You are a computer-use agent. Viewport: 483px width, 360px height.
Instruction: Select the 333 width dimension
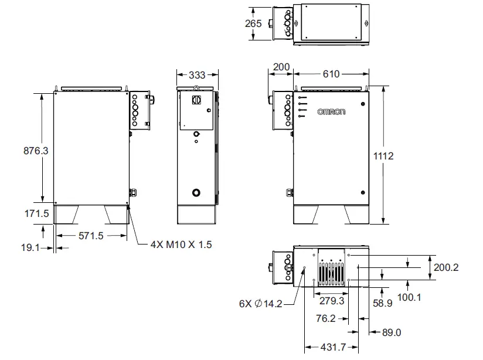point(198,75)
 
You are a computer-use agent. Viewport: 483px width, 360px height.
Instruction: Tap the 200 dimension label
point(281,67)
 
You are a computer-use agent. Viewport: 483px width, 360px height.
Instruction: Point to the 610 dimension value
point(331,74)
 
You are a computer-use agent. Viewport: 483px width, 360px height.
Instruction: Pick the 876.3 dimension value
point(36,150)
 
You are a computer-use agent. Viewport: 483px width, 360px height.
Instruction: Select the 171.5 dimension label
point(36,214)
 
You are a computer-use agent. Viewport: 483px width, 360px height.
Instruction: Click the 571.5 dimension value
point(91,236)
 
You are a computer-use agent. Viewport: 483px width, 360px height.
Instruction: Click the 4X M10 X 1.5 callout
point(179,244)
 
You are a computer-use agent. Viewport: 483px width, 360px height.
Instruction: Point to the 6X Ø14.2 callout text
point(261,304)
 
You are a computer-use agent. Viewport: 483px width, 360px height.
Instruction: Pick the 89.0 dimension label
point(391,332)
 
